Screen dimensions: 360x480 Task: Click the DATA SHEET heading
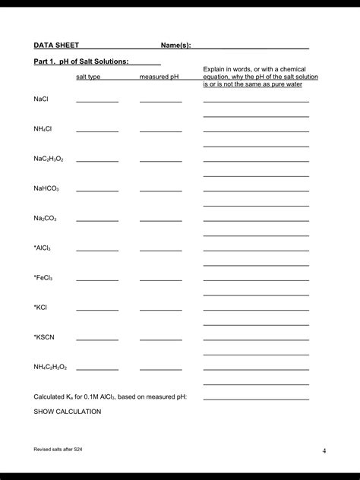[x=56, y=46]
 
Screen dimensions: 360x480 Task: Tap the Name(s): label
[x=175, y=46]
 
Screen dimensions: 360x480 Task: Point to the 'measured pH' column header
[x=159, y=77]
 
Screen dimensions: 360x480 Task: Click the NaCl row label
[x=41, y=99]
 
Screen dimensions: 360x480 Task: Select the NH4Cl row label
[x=43, y=129]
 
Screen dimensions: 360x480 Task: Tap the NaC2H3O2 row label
[x=49, y=159]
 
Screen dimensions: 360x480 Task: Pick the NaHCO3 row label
[x=46, y=188]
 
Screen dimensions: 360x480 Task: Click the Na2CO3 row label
[x=46, y=219]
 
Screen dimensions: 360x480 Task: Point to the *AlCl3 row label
[x=43, y=248]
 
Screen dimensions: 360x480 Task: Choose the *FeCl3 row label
[x=43, y=278]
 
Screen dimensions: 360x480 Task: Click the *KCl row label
[x=41, y=308]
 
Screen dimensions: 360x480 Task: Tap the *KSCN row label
[x=44, y=337]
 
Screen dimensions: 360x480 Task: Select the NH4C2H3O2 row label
[x=50, y=367]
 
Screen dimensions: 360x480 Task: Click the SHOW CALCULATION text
[x=68, y=412]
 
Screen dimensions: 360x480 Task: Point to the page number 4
[x=324, y=451]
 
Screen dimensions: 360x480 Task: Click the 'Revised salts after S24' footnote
[x=58, y=450]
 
